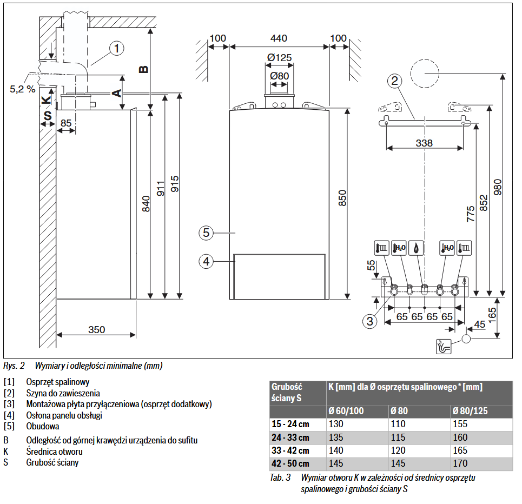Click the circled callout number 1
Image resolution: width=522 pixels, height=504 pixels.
point(116,48)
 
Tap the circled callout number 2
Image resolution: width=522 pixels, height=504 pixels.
point(395,81)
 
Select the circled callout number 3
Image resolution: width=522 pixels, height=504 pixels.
point(370,321)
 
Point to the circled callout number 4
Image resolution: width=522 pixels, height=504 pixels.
point(206,261)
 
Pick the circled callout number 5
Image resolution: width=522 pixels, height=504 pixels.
point(206,233)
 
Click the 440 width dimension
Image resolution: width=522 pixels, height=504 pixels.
point(279,38)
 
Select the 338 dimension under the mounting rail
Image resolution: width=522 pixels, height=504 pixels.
point(424,143)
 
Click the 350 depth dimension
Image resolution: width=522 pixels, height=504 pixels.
point(97,329)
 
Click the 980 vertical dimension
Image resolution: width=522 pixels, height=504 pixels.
point(498,185)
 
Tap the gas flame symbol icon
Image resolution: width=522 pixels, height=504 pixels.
point(417,248)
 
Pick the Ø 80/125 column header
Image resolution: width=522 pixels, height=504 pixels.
point(470,411)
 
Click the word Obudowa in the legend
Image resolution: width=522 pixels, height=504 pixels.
point(43,427)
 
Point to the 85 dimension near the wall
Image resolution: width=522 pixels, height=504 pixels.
point(66,123)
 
